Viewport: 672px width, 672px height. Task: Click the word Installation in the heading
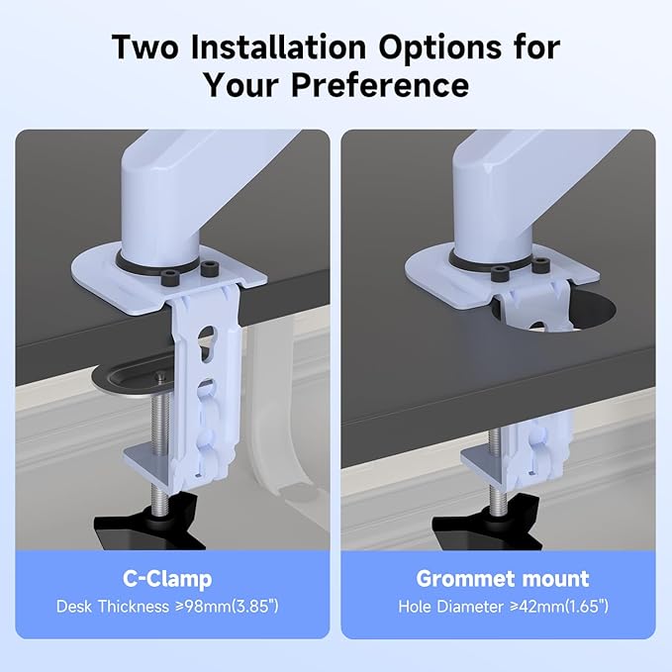[x=278, y=47]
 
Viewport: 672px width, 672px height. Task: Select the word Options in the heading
[x=439, y=48]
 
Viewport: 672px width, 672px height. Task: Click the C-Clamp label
[x=167, y=579]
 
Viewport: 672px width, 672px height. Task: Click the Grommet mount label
[x=503, y=579]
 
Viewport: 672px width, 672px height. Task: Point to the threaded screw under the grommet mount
[x=496, y=471]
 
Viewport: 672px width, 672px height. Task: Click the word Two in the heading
[x=144, y=47]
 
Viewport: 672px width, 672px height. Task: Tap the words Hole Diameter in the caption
[x=451, y=607]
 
